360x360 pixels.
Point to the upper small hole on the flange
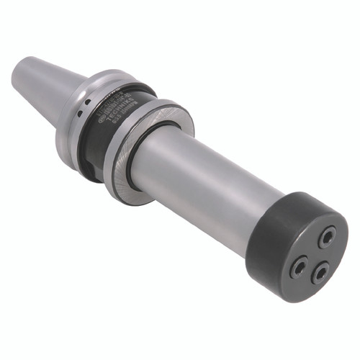click(84, 102)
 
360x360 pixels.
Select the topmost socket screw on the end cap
click(327, 235)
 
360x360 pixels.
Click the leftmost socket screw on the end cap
click(297, 267)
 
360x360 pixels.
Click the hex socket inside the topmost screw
click(328, 235)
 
